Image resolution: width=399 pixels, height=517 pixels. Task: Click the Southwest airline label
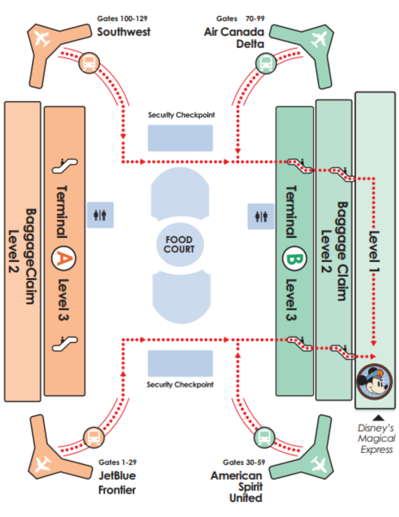pyautogui.click(x=124, y=32)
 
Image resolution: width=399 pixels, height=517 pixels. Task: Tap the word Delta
pyautogui.click(x=250, y=44)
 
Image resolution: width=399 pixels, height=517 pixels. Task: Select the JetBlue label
pyautogui.click(x=117, y=476)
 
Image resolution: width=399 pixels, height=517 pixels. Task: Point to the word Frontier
pyautogui.click(x=117, y=490)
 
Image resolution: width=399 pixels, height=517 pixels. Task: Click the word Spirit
pyautogui.click(x=251, y=487)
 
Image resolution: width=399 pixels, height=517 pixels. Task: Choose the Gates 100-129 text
pyautogui.click(x=122, y=19)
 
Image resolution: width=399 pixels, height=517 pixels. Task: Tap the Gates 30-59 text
pyautogui.click(x=244, y=462)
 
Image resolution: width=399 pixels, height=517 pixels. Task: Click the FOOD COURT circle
pyautogui.click(x=180, y=245)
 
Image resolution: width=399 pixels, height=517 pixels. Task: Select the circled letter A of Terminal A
pyautogui.click(x=64, y=258)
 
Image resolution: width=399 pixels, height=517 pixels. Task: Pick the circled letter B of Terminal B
pyautogui.click(x=294, y=259)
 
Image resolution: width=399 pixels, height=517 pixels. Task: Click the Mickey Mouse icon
pyautogui.click(x=374, y=382)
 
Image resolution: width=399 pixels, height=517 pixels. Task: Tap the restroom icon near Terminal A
pyautogui.click(x=100, y=215)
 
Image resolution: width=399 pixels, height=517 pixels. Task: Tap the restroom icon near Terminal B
pyautogui.click(x=261, y=216)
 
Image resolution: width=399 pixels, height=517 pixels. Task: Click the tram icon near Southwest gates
pyautogui.click(x=89, y=63)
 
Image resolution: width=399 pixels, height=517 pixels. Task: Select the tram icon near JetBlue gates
pyautogui.click(x=94, y=437)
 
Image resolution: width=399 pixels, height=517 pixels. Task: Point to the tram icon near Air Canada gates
pyautogui.click(x=266, y=63)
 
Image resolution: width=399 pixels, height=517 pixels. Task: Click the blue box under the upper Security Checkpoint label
pyautogui.click(x=180, y=138)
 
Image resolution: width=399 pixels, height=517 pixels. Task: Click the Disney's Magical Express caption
pyautogui.click(x=376, y=439)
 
